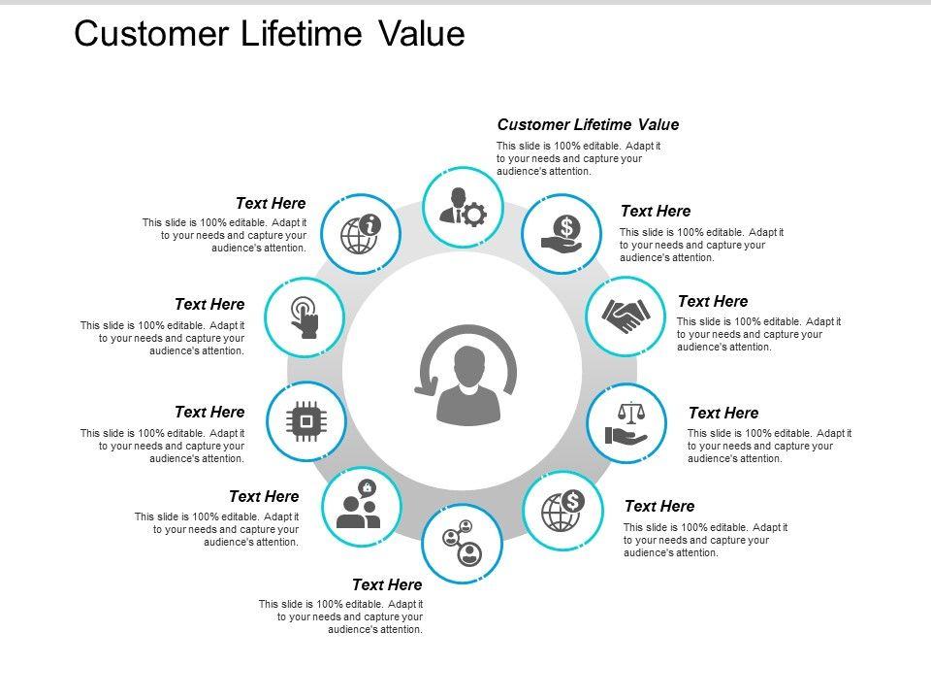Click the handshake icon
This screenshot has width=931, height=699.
pyautogui.click(x=626, y=316)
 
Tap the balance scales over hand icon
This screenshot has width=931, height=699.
pyautogui.click(x=626, y=424)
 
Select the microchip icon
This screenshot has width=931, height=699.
pyautogui.click(x=305, y=421)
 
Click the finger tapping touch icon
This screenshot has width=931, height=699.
pyautogui.click(x=305, y=316)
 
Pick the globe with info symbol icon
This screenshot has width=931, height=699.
pyautogui.click(x=360, y=233)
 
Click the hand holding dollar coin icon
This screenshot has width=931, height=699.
pyautogui.click(x=562, y=234)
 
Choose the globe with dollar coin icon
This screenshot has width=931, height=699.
pyautogui.click(x=562, y=509)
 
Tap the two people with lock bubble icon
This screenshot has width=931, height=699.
pyautogui.click(x=360, y=506)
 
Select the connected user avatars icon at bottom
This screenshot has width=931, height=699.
pyautogui.click(x=463, y=544)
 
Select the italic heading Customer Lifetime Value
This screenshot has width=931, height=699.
pyautogui.click(x=588, y=124)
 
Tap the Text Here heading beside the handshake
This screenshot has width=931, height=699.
pyautogui.click(x=713, y=301)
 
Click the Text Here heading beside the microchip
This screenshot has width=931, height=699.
pyautogui.click(x=209, y=412)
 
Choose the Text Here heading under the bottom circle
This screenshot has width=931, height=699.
pyautogui.click(x=387, y=584)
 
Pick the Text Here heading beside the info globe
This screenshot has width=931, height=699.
pyautogui.click(x=271, y=203)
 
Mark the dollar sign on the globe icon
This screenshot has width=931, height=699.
pyautogui.click(x=573, y=500)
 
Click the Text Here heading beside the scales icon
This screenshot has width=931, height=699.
pyautogui.click(x=723, y=413)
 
